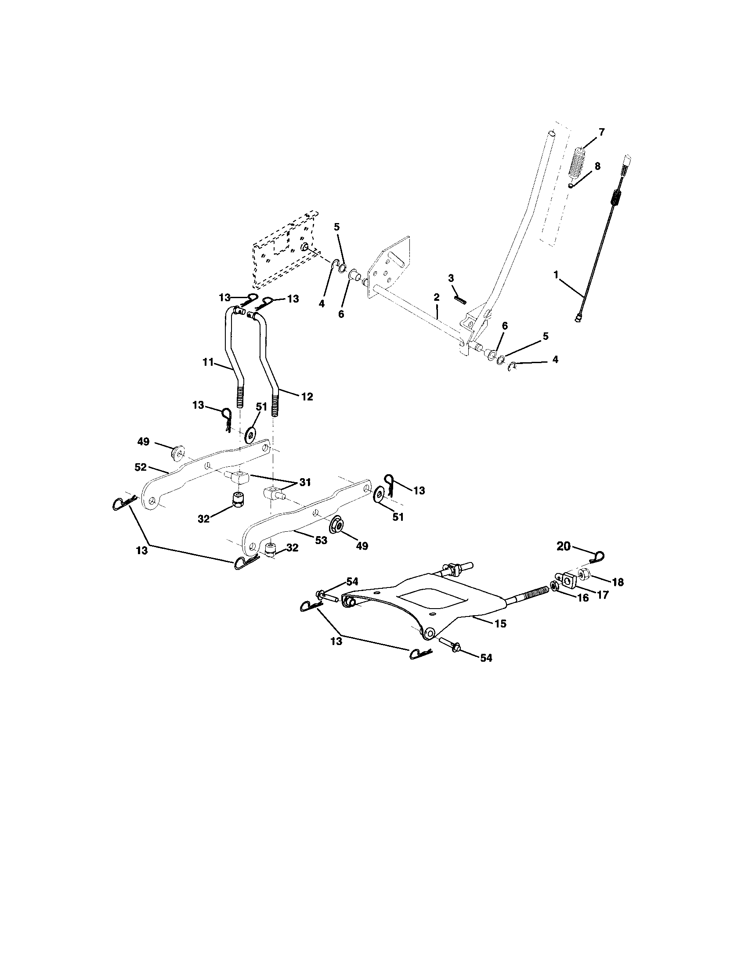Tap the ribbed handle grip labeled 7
tap(581, 162)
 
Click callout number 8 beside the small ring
tap(597, 166)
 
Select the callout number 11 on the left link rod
tap(208, 363)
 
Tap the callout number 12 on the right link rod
tap(307, 397)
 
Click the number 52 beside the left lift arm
tap(141, 467)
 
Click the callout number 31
tap(305, 482)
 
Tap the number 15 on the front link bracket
tap(500, 624)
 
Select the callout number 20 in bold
tap(563, 546)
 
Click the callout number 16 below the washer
tap(583, 598)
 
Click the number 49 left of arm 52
tap(143, 441)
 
